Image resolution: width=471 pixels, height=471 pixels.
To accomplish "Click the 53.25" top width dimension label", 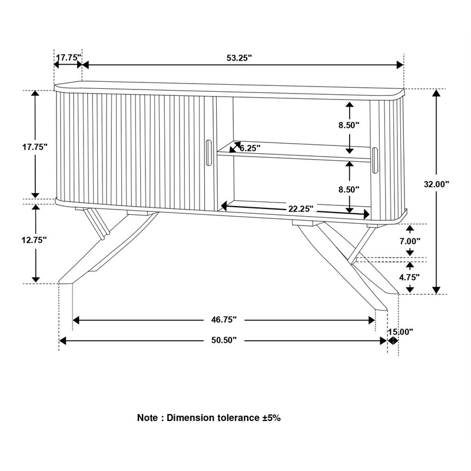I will [239, 58].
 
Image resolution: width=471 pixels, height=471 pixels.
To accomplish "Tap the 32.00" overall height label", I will [436, 184].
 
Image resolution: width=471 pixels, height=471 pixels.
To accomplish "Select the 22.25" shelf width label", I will [300, 208].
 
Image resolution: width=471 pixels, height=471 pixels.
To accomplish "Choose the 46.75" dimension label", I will [224, 320].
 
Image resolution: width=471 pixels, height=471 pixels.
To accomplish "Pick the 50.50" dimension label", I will [224, 340].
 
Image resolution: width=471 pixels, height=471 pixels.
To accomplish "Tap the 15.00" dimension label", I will [400, 331].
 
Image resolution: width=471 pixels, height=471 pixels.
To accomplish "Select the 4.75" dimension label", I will [410, 276].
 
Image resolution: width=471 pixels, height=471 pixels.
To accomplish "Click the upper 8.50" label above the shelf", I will [349, 125].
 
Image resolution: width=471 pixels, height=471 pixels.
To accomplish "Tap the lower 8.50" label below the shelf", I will [349, 190].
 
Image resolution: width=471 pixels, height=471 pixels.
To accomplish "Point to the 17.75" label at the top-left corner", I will [68, 58].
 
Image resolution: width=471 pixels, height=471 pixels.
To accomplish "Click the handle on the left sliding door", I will [208, 154].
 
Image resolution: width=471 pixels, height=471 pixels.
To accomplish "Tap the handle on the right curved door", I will [375, 160].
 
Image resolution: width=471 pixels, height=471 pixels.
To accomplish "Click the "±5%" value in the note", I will [272, 418].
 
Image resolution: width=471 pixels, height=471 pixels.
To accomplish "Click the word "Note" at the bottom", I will [147, 418].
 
